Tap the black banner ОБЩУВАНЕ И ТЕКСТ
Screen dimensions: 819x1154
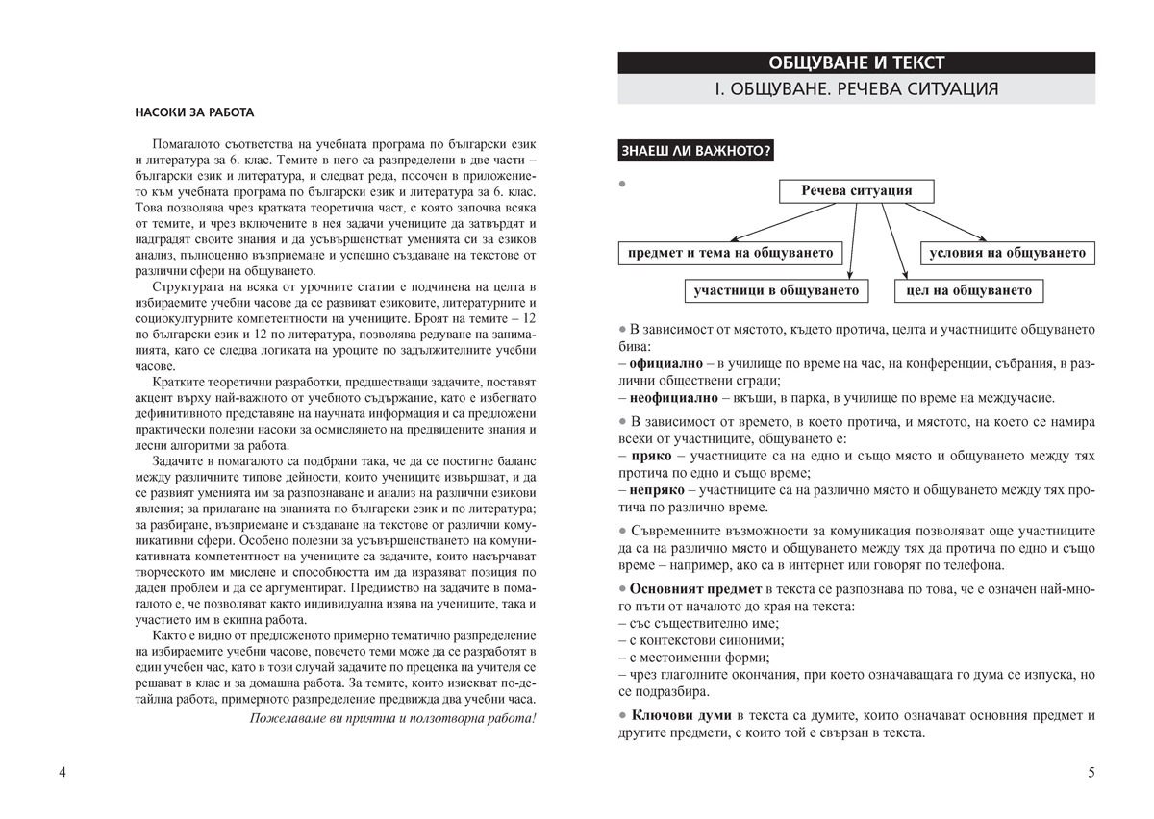[x=856, y=63]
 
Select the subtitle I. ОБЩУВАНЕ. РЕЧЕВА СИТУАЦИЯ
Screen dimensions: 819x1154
[x=856, y=90]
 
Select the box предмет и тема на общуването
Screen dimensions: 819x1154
[x=730, y=253]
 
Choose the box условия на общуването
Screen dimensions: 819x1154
[x=1007, y=253]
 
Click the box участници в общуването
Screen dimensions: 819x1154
[x=777, y=290]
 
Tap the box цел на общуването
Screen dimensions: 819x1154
[x=968, y=290]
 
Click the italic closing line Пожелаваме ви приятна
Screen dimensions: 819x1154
[x=392, y=717]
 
